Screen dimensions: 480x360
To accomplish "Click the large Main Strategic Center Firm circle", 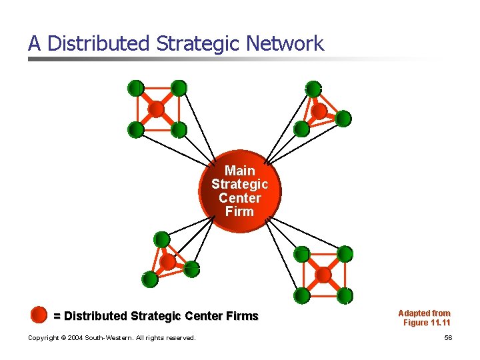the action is (240, 191).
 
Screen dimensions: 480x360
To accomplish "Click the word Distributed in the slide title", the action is (99, 44).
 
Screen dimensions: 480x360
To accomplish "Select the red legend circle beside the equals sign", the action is (39, 314).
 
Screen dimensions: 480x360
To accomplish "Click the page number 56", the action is (448, 338).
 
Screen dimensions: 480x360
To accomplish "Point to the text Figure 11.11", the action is (427, 323).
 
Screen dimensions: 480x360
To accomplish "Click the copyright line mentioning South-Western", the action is (112, 338).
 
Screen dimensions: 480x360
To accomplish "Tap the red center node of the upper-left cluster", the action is (156, 109).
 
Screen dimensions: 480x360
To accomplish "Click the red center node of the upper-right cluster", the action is (319, 110).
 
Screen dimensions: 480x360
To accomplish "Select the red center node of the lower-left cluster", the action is (167, 262).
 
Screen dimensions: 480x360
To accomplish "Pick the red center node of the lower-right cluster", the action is (323, 274).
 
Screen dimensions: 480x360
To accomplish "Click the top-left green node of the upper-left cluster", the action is (135, 88).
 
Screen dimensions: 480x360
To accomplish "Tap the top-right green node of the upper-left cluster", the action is (178, 88).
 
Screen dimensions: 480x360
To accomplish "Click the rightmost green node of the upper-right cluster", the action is (343, 119).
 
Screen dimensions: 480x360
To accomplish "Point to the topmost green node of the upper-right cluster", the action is (313, 89).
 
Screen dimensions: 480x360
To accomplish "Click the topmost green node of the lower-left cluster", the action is (161, 239).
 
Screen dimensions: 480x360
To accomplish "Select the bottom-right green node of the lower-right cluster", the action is (345, 295).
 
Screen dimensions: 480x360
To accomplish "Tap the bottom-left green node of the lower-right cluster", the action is (302, 295).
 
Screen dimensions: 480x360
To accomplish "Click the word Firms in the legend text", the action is (241, 316).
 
